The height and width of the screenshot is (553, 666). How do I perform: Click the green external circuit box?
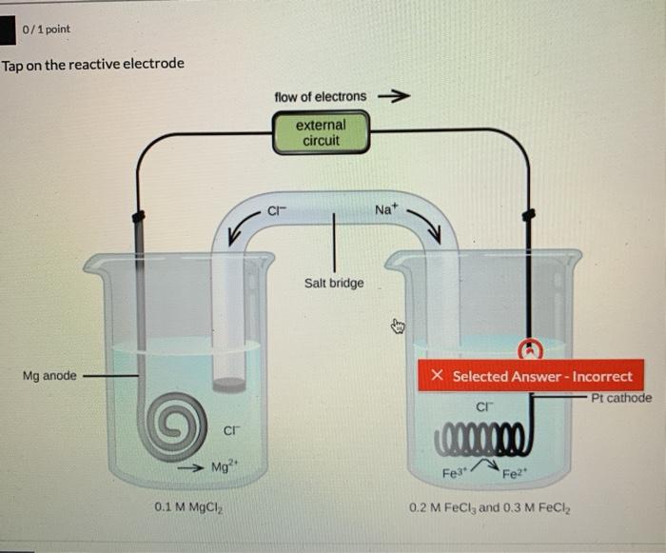321,132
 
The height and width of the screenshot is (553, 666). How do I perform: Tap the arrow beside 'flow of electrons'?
394,96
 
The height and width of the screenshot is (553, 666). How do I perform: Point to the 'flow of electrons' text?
320,96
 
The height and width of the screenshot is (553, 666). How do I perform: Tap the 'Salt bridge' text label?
333,283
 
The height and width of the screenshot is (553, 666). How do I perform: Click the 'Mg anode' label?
49,376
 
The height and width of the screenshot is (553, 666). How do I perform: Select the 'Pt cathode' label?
621,398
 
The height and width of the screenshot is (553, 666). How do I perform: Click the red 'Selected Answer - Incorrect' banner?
531,376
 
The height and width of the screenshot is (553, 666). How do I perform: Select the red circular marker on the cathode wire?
525,348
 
